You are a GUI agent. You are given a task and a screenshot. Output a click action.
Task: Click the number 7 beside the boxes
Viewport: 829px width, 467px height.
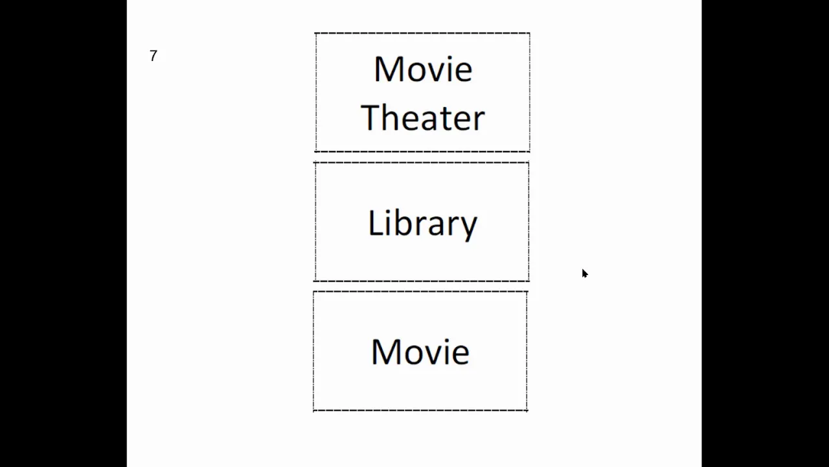[x=153, y=56]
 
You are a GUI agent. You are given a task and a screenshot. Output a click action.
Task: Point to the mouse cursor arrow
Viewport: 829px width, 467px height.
[x=585, y=274]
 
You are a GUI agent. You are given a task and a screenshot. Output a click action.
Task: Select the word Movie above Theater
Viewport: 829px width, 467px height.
[x=423, y=69]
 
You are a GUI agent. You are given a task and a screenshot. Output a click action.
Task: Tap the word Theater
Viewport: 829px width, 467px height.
[x=423, y=117]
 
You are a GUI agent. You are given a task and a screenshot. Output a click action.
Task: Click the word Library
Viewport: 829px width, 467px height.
[x=423, y=224]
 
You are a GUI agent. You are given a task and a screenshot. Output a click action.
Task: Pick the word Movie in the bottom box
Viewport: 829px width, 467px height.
[x=420, y=352]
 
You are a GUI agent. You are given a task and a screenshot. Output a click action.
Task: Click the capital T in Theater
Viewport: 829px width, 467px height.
[x=371, y=117]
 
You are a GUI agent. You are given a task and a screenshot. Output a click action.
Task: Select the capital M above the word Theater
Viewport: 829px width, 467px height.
[x=389, y=69]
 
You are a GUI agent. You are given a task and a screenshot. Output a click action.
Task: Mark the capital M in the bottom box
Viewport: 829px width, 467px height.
[x=386, y=352]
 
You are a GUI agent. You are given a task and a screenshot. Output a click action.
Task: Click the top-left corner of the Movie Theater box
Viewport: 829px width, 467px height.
[x=315, y=33]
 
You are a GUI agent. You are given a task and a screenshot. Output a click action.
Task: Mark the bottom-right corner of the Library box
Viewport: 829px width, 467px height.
[x=529, y=281]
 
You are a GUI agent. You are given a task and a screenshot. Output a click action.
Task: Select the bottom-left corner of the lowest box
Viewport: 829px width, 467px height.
[x=314, y=411]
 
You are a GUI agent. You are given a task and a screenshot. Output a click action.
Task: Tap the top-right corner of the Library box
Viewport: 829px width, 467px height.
[x=528, y=163]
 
